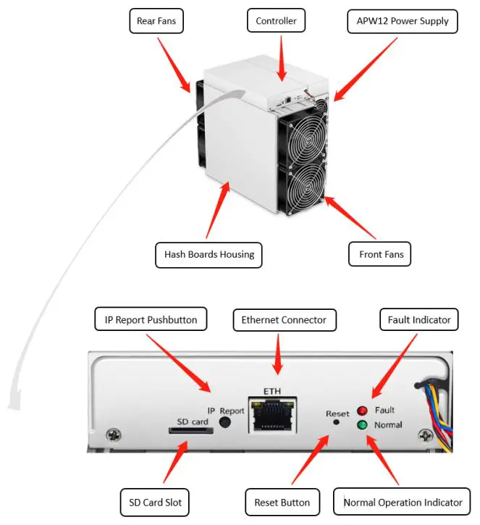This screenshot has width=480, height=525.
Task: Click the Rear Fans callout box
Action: click(156, 21)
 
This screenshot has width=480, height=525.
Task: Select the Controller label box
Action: click(276, 21)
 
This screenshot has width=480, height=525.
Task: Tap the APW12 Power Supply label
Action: click(403, 21)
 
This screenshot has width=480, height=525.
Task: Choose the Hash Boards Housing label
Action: click(209, 255)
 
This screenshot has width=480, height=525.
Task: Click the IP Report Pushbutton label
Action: click(151, 319)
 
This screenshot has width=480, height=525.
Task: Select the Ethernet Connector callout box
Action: click(283, 319)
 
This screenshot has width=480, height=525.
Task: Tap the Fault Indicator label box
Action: click(419, 319)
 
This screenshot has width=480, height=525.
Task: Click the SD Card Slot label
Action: click(155, 502)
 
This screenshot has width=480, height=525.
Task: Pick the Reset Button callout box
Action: click(282, 502)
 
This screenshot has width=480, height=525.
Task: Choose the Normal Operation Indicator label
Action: click(403, 502)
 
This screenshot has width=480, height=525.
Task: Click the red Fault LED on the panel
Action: click(361, 411)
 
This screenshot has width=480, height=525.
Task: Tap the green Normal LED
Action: click(361, 425)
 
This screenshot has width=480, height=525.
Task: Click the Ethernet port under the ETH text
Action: click(272, 417)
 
